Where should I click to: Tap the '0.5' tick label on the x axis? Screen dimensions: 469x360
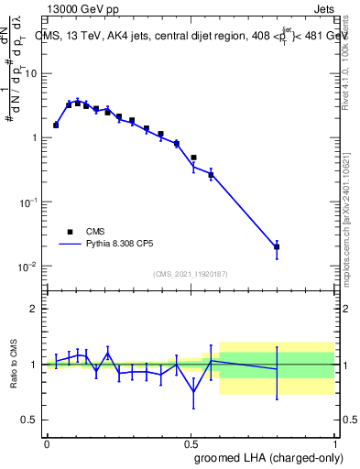pos(191,443)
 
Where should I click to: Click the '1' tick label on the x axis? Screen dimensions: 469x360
pos(334,443)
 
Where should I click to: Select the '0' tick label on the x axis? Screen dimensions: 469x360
pos(47,443)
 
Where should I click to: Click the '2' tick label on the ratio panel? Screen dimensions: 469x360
pos(34,309)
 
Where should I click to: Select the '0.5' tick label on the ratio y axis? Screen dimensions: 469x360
pos(30,420)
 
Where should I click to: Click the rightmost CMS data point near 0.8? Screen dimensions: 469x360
pos(277,246)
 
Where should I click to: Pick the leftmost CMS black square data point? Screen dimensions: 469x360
pos(56,125)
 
